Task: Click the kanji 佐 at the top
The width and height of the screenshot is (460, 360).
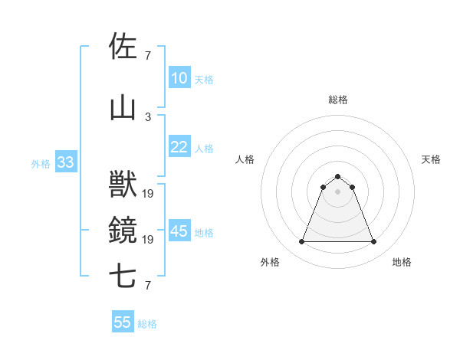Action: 123,46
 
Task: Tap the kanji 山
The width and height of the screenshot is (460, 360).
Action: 123,108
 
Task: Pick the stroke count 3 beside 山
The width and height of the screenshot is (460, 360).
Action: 148,116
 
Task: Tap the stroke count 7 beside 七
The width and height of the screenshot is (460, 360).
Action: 148,286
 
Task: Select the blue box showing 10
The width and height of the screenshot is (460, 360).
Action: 179,78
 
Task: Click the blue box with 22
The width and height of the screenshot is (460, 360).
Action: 179,147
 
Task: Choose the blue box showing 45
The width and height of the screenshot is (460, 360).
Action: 179,231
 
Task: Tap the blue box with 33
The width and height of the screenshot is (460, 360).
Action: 65,162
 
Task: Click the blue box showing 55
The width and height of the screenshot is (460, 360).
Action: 123,322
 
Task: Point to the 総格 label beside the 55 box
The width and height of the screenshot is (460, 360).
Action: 148,324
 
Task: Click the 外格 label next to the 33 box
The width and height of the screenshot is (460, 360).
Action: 41,163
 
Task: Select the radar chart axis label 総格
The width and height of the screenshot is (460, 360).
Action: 337,100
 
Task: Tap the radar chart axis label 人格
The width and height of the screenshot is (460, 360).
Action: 245,159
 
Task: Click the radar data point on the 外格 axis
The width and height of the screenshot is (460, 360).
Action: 301,242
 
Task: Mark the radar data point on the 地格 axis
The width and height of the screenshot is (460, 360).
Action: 373,242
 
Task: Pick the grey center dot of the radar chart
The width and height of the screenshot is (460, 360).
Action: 337,191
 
